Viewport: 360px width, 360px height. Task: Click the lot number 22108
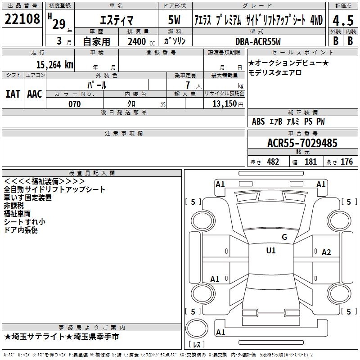[22, 19]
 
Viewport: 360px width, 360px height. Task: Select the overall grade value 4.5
[342, 20]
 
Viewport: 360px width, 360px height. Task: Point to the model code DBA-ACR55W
[257, 41]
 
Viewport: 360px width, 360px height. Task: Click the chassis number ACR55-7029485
[302, 143]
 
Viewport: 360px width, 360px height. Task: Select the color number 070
[74, 104]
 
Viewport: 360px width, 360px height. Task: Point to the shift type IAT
[13, 94]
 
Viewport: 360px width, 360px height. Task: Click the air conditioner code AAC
[34, 94]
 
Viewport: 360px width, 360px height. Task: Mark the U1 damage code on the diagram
[270, 251]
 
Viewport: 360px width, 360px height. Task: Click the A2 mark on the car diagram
[326, 252]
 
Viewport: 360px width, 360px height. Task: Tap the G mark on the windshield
[284, 237]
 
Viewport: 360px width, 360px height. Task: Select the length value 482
[273, 162]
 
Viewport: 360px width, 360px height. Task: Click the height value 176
[346, 162]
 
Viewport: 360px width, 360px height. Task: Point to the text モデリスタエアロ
[275, 73]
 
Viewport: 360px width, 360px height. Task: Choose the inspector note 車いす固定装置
[27, 197]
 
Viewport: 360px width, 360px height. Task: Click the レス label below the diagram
[198, 345]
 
